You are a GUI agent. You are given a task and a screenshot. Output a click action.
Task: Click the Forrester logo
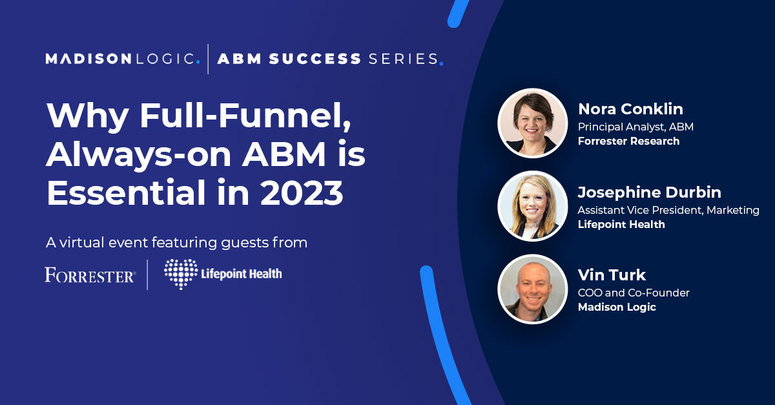click(x=90, y=276)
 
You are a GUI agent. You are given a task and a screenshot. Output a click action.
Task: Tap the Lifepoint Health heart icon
click(x=181, y=274)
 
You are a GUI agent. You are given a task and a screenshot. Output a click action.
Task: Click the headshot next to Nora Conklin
click(x=532, y=123)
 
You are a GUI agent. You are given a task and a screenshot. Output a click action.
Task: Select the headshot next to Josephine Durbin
click(x=532, y=206)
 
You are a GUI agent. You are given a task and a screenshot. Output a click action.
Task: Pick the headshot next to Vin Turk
click(x=532, y=289)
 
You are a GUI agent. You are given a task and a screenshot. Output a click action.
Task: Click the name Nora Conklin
click(x=630, y=109)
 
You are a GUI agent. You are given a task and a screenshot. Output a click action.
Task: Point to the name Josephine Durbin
click(x=650, y=192)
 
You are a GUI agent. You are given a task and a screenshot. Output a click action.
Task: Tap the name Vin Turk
click(x=612, y=275)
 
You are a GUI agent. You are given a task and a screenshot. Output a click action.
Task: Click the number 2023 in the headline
click(x=302, y=192)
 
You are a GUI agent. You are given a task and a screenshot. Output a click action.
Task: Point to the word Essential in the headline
click(x=127, y=192)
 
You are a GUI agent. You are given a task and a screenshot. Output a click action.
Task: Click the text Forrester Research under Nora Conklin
click(x=628, y=141)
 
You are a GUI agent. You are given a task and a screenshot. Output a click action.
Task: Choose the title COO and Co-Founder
click(x=634, y=293)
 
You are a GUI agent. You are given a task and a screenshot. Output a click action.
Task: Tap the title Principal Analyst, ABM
click(x=635, y=127)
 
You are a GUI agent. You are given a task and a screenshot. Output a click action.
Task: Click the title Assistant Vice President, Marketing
click(x=668, y=210)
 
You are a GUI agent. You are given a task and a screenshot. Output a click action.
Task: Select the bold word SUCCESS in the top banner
click(x=315, y=59)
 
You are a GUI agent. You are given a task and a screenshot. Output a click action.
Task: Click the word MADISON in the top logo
click(x=88, y=59)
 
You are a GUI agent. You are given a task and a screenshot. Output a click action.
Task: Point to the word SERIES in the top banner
click(x=404, y=59)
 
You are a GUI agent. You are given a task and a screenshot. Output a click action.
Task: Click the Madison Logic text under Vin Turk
click(x=617, y=307)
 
